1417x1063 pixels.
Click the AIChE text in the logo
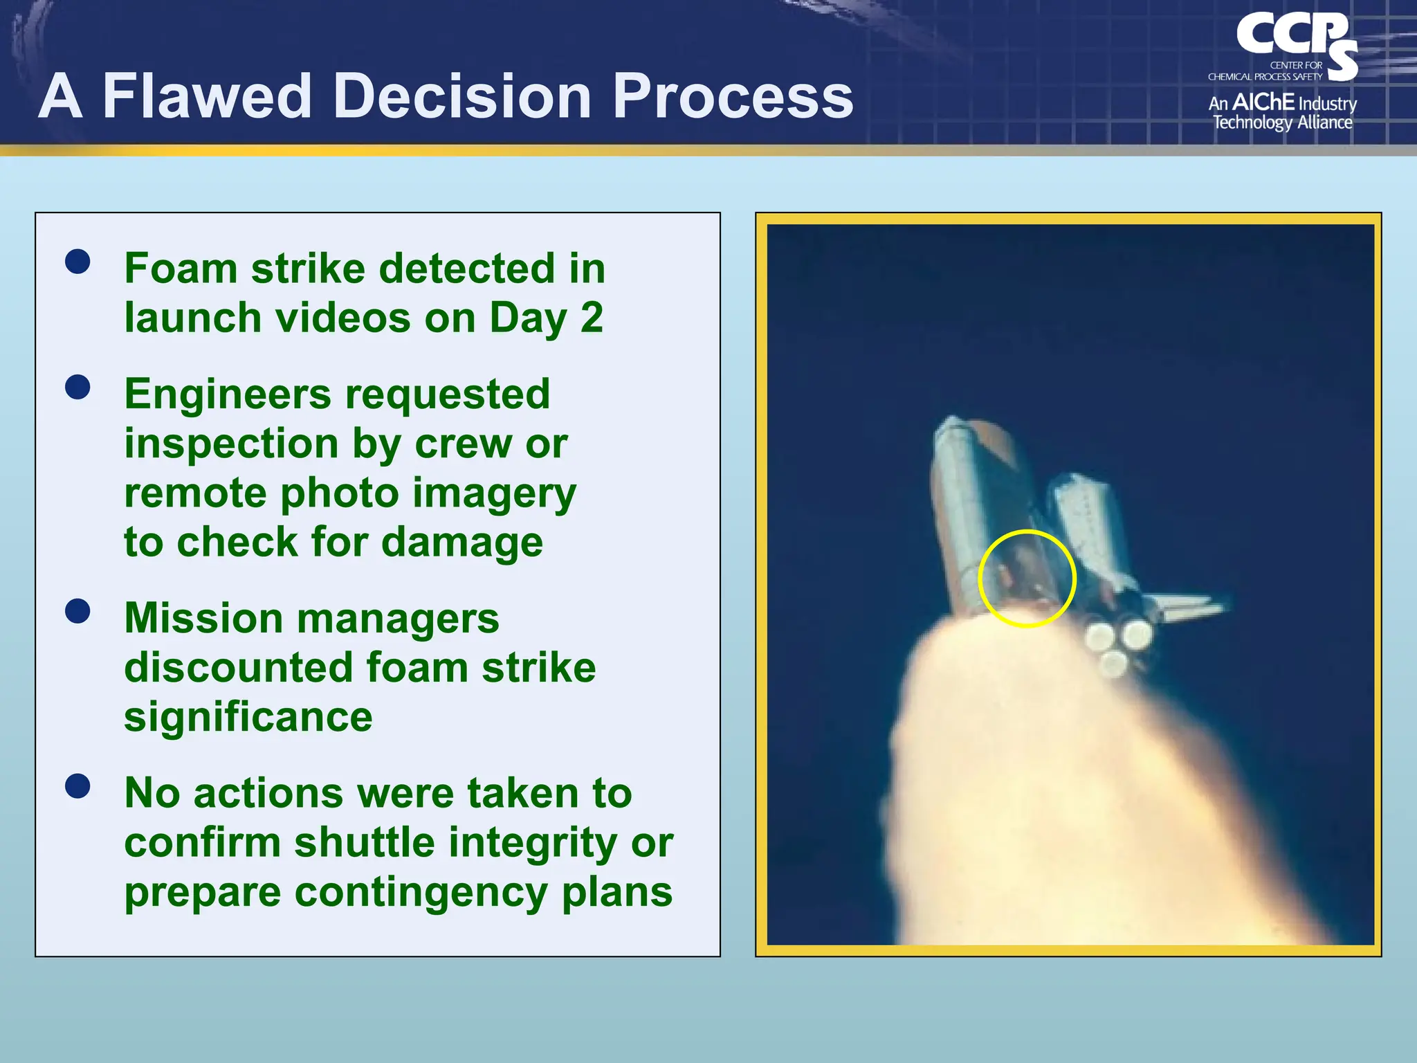[1263, 102]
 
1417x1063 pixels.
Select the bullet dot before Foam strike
[77, 262]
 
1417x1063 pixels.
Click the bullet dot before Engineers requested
[77, 388]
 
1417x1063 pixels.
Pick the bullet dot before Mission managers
[77, 611]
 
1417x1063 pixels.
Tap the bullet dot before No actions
[77, 786]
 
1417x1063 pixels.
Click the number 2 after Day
[592, 318]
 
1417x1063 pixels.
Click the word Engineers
[228, 394]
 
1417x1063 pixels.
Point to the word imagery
[494, 493]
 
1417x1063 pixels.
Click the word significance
[248, 716]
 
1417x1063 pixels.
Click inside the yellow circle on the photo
[1027, 579]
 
